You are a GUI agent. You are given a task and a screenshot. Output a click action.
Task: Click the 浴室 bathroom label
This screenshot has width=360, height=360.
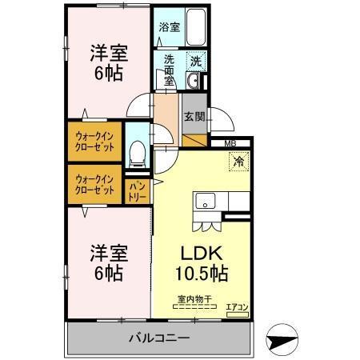[x=169, y=27]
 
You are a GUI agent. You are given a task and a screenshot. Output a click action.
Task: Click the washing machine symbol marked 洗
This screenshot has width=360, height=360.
[x=194, y=60]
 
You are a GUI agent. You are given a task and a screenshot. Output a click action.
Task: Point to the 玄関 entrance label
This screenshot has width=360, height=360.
[x=194, y=117]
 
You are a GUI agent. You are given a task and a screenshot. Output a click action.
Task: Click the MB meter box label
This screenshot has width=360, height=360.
[x=230, y=144]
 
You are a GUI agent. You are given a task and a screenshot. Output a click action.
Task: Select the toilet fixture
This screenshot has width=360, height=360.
[x=137, y=151]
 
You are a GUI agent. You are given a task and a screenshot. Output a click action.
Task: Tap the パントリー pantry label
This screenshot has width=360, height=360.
[x=137, y=191]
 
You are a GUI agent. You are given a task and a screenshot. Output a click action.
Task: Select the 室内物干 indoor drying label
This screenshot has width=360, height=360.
[x=194, y=300]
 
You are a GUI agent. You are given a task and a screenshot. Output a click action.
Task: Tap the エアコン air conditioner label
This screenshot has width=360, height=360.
[x=238, y=306]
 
